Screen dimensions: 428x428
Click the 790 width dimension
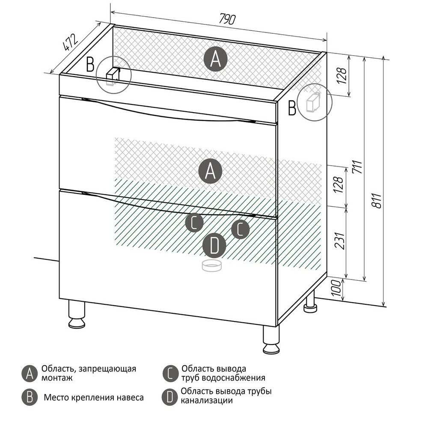(x=227, y=19)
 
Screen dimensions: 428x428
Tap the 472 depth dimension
(x=71, y=42)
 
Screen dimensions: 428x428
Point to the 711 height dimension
(x=357, y=167)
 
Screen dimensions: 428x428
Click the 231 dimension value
(x=340, y=241)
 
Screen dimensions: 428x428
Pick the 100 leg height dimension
(x=336, y=288)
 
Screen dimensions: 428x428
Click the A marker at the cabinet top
(x=215, y=59)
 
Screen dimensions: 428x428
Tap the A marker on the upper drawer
(x=210, y=171)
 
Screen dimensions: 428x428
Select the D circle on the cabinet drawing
(x=214, y=245)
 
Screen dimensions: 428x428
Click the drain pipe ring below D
(x=212, y=266)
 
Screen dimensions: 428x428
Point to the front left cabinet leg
(x=77, y=314)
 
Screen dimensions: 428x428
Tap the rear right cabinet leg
(x=311, y=301)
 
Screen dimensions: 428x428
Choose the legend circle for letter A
(x=30, y=374)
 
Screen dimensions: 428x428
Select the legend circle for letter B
(x=30, y=397)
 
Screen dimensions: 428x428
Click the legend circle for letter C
(x=170, y=374)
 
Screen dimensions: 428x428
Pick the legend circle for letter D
(x=170, y=397)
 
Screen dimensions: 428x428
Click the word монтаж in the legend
(x=57, y=378)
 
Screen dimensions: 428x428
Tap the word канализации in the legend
(x=207, y=401)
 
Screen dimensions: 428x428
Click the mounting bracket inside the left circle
(x=113, y=76)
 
